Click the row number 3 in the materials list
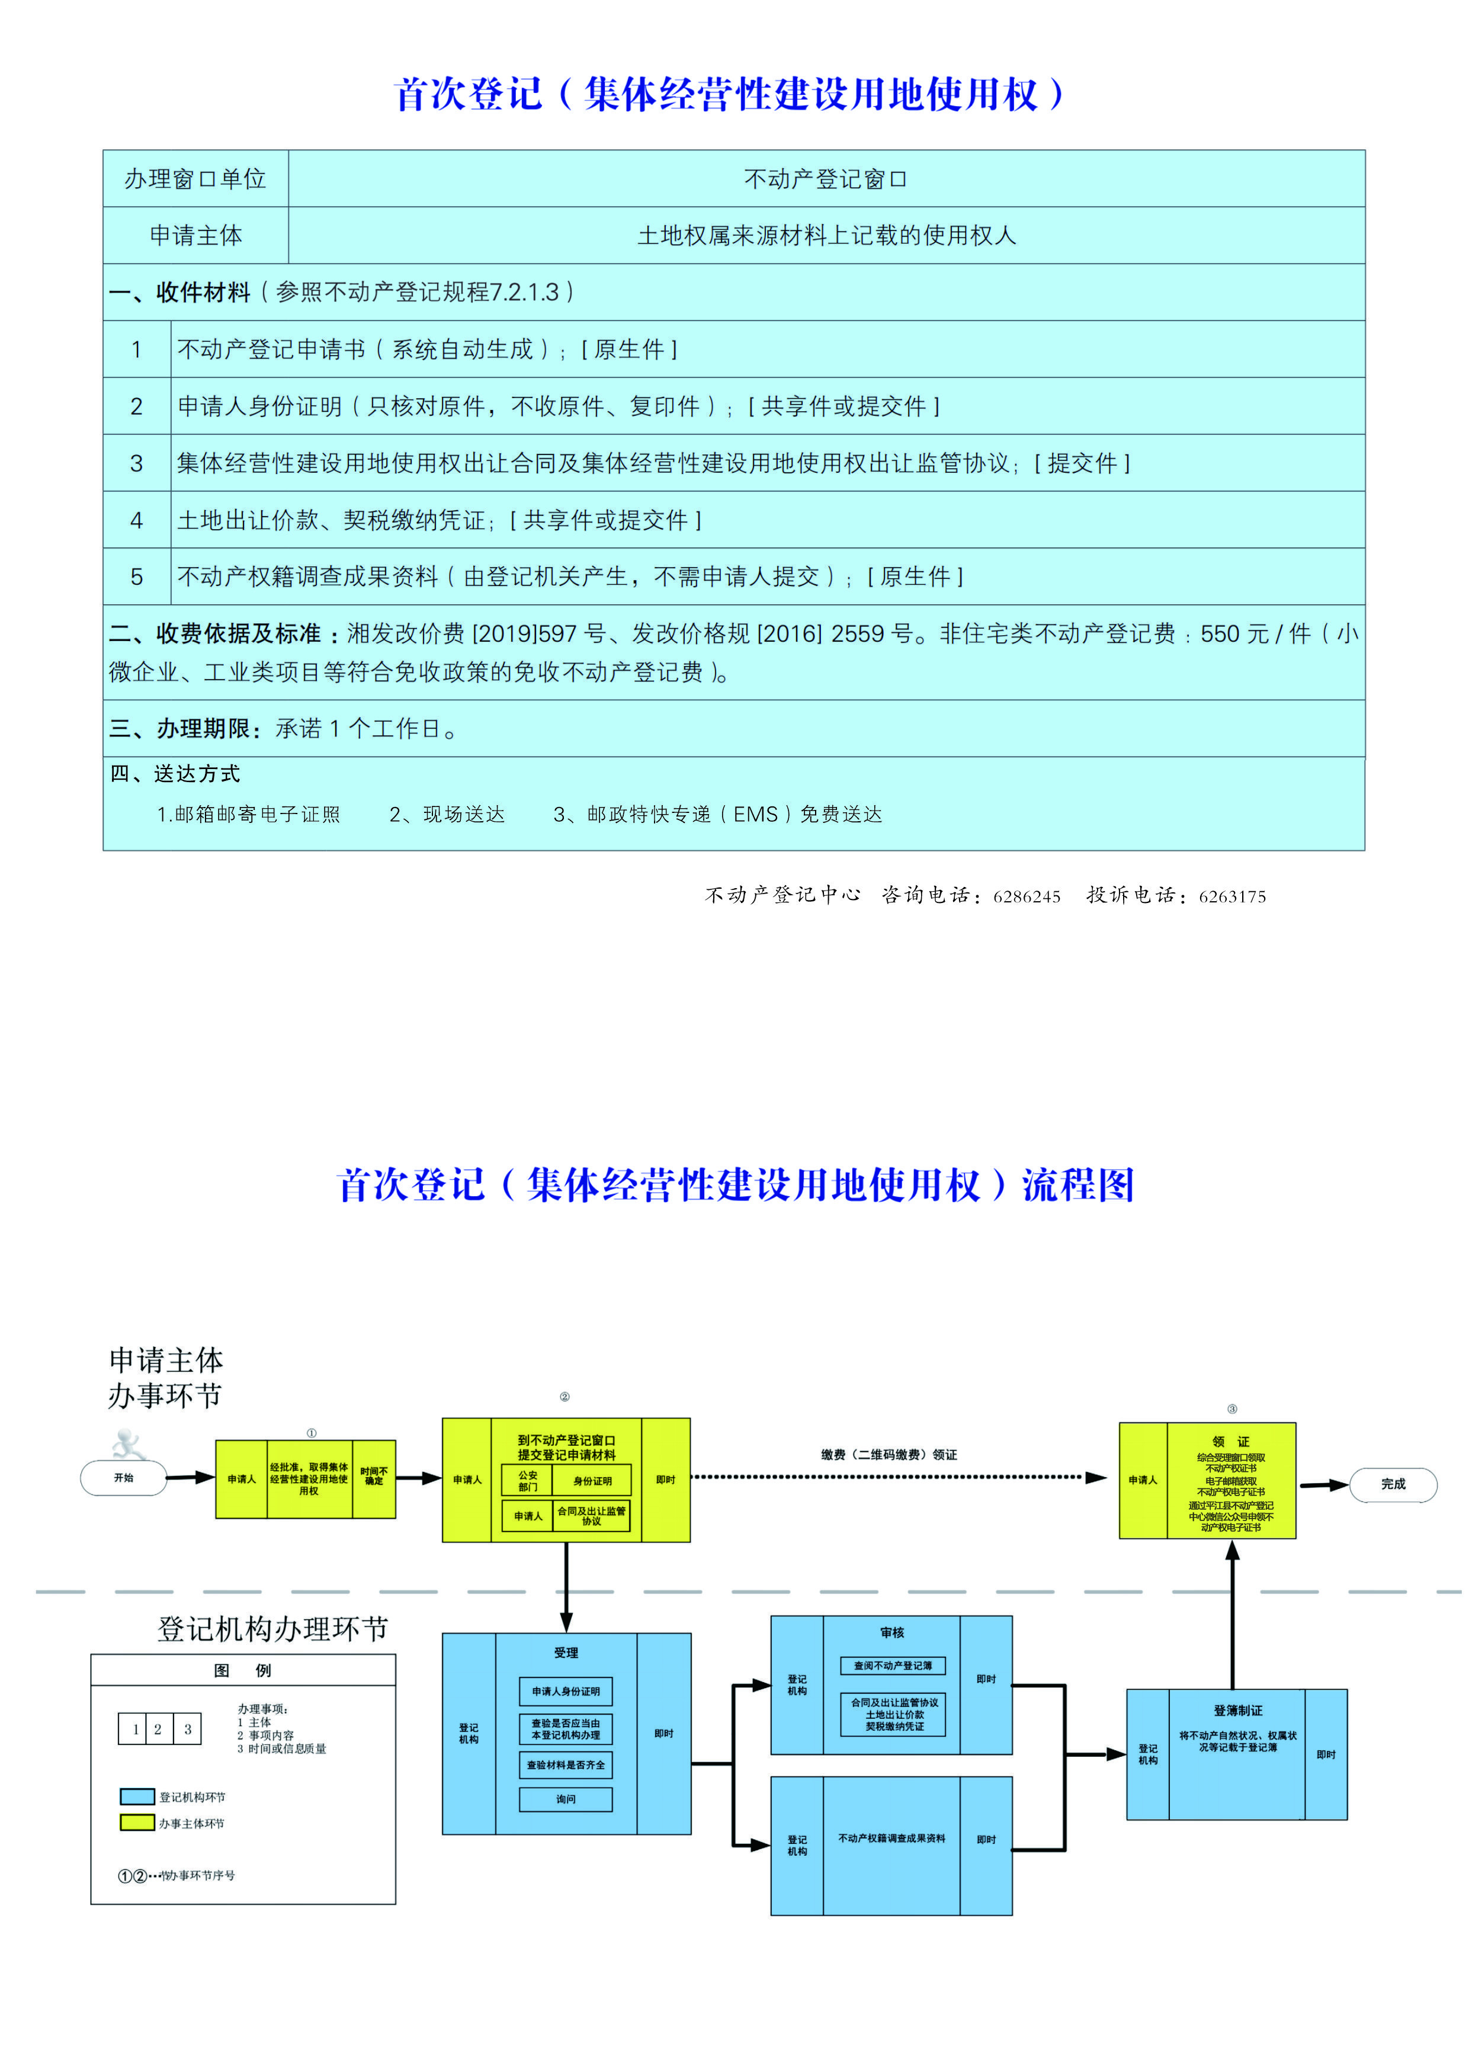137,463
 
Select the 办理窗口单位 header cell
195,179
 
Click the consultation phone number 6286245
1027,896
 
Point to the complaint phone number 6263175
1232,896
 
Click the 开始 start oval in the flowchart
124,1478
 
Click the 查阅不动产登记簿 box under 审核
893,1666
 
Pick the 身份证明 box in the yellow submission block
592,1481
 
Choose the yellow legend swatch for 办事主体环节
137,1823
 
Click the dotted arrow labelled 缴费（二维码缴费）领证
896,1478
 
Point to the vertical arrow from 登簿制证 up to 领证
1232,1615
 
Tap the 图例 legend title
242,1670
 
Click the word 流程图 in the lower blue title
1078,1185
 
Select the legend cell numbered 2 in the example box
158,1729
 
